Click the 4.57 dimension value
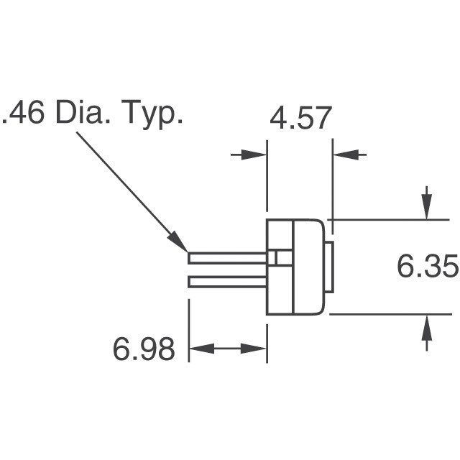[x=300, y=118]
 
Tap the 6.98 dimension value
[x=144, y=349]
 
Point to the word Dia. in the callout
[x=86, y=114]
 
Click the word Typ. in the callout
[x=153, y=116]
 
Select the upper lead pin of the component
[x=226, y=257]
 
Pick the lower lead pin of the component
[x=226, y=282]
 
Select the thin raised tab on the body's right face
[x=328, y=267]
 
